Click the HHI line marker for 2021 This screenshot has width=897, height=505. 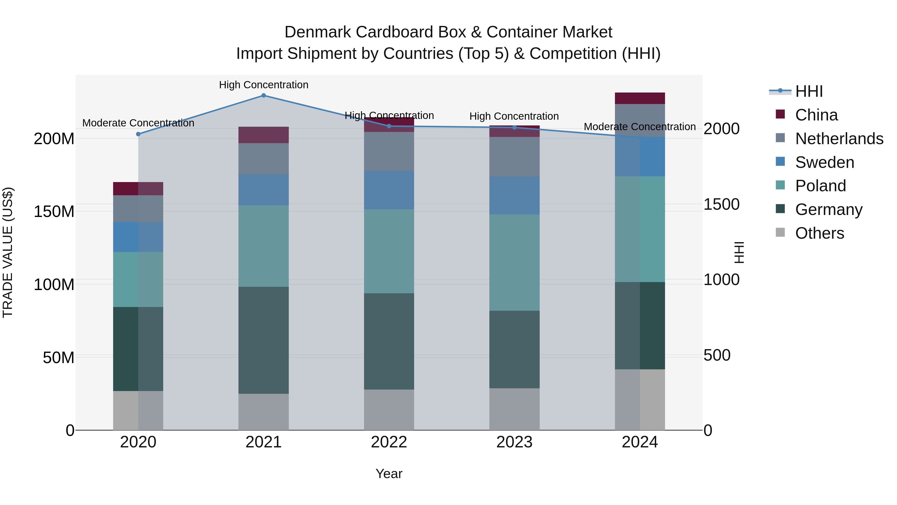pos(264,96)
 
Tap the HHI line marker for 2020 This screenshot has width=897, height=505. pos(138,134)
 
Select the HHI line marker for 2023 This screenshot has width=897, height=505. pos(515,127)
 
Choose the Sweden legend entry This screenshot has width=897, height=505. pos(824,162)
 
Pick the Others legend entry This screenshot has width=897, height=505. pos(819,233)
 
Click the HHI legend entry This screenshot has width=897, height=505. pos(809,91)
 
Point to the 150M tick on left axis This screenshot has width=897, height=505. pos(54,211)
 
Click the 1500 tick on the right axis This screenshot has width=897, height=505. pos(721,204)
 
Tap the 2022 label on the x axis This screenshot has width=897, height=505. pos(389,442)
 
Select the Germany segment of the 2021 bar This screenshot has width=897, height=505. pos(264,340)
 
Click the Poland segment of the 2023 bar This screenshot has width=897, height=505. pos(515,262)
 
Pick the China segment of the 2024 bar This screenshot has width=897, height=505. pos(640,98)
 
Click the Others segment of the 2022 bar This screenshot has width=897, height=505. pos(389,410)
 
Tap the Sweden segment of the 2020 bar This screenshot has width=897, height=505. pos(138,237)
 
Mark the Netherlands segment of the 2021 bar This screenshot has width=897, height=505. pos(264,159)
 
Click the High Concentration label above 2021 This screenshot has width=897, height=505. pos(264,85)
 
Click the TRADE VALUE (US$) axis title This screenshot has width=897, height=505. pos(8,252)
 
